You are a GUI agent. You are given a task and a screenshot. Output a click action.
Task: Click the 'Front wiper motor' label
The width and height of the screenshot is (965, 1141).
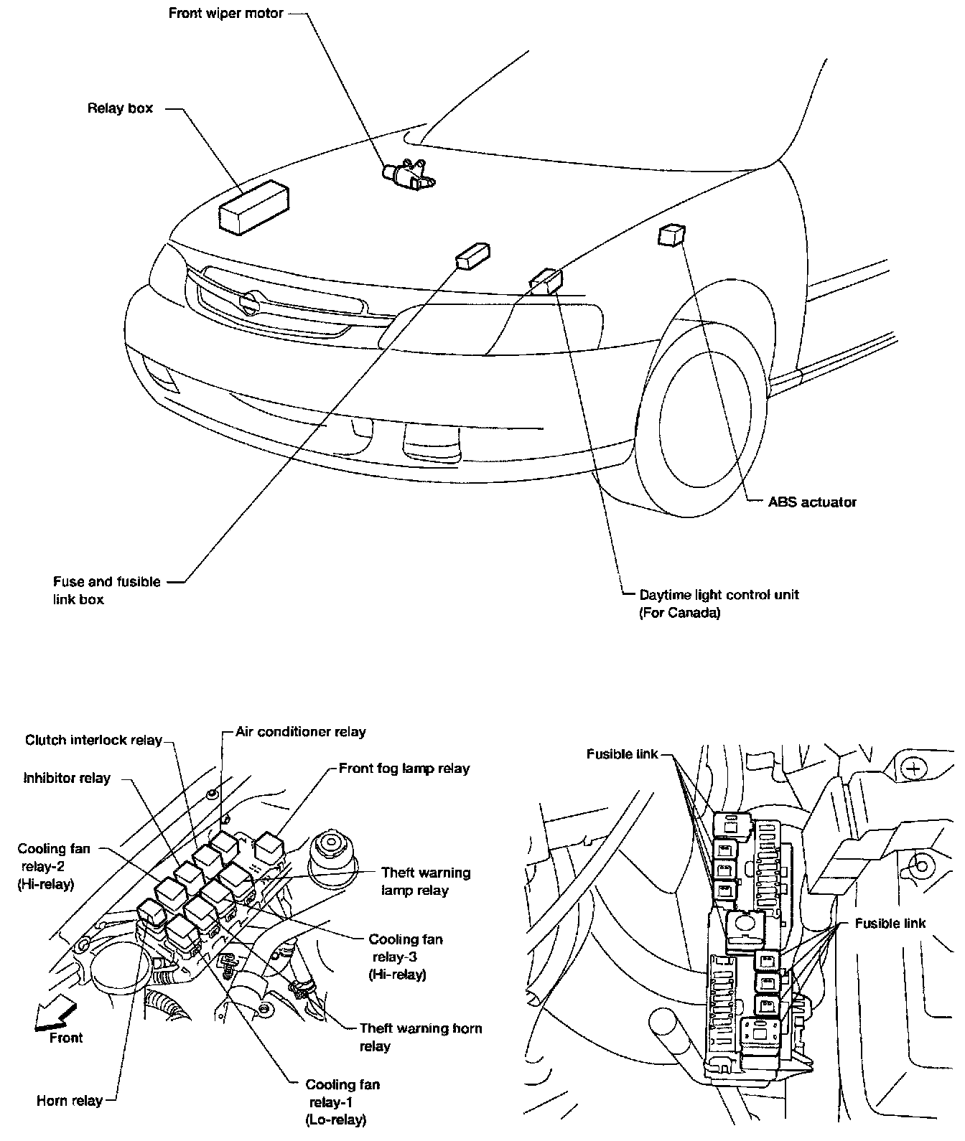226,14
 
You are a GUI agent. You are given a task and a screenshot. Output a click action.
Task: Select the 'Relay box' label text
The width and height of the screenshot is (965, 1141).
120,109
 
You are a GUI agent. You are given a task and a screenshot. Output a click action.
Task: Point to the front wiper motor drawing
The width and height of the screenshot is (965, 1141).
406,174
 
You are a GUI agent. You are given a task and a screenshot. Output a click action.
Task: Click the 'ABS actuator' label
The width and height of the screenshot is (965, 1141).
812,502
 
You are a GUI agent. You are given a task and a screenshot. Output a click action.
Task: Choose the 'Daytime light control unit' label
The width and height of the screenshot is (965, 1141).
719,595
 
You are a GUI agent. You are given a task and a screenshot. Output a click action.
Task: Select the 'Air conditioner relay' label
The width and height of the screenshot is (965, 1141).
300,732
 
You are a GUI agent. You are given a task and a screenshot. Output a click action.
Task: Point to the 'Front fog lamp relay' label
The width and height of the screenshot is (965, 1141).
404,769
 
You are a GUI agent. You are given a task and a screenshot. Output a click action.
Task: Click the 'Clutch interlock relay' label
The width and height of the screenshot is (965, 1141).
93,740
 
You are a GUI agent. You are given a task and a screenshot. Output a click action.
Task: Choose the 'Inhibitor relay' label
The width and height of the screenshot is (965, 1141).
67,778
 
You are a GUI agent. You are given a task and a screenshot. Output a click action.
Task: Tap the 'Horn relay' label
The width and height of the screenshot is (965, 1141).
69,1100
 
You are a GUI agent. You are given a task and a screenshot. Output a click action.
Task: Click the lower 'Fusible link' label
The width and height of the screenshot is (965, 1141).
890,924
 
